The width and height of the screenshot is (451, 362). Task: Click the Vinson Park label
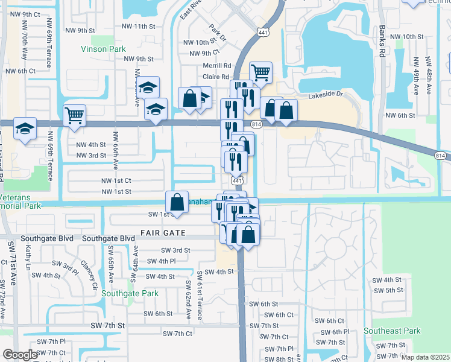[104, 48]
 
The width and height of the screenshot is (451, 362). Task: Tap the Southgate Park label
[130, 294]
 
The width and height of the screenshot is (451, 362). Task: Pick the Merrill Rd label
[217, 65]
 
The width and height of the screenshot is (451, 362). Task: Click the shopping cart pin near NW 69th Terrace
[74, 114]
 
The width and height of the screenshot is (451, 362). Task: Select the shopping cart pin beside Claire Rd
[260, 72]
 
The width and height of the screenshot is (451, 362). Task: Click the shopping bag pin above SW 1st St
[177, 200]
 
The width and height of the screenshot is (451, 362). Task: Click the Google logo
[20, 355]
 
